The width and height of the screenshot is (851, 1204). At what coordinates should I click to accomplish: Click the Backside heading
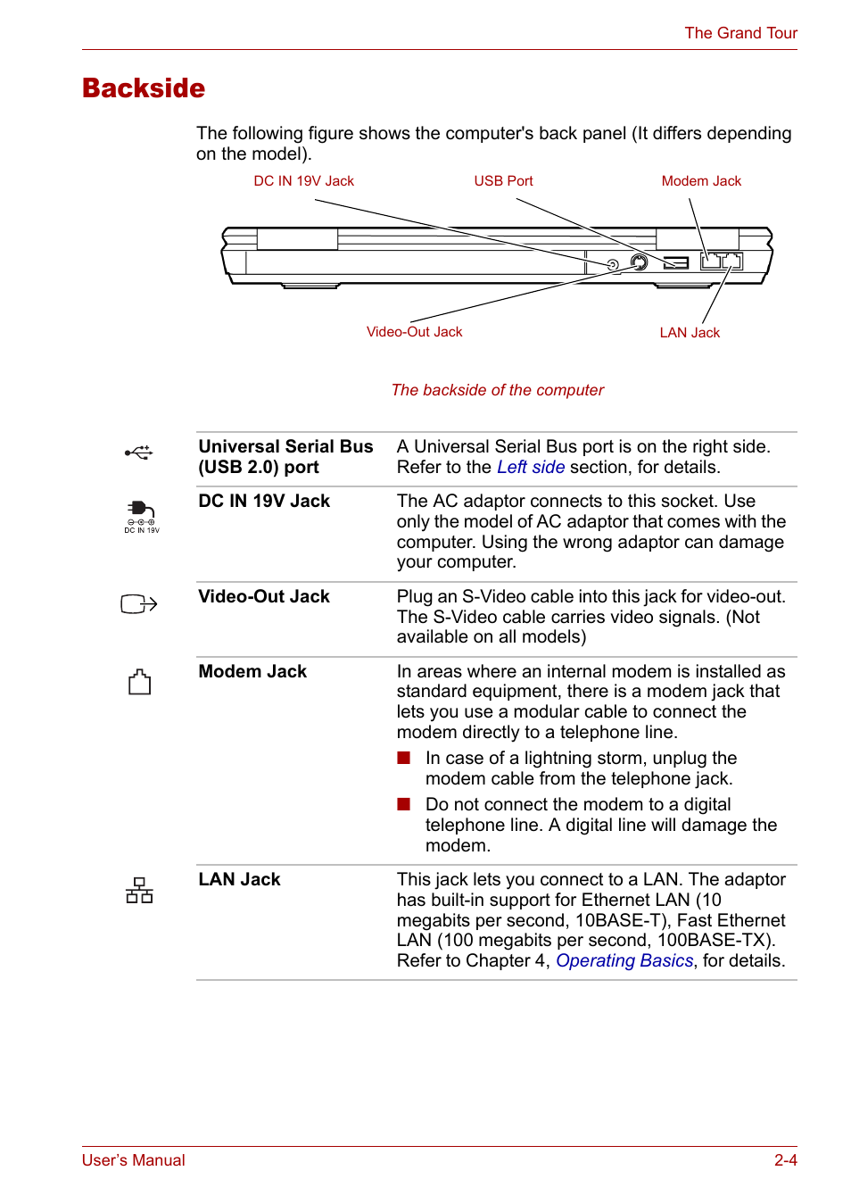(144, 88)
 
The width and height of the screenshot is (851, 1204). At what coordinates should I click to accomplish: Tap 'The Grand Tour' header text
(740, 33)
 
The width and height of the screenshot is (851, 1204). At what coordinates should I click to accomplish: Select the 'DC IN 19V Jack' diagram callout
(303, 181)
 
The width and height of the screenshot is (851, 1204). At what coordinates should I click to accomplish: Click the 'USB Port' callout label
(503, 181)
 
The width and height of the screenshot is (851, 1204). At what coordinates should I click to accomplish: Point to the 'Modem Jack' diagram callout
(701, 181)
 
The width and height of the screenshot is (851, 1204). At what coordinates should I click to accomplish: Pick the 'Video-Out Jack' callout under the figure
(414, 332)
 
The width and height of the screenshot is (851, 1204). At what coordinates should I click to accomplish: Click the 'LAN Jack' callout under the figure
(690, 333)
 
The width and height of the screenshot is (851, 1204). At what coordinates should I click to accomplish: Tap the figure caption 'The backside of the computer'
(497, 390)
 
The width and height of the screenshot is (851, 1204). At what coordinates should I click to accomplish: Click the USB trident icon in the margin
(139, 453)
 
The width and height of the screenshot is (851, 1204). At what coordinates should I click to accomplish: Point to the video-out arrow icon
(138, 604)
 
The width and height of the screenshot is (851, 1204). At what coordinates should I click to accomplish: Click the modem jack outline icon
(139, 683)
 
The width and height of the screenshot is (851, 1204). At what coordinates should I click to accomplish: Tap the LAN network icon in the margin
(139, 890)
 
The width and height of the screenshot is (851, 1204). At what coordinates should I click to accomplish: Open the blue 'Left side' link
(531, 468)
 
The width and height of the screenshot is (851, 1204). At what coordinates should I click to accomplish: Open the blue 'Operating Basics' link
(624, 961)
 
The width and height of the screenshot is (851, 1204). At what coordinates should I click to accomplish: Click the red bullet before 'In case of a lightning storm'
(404, 758)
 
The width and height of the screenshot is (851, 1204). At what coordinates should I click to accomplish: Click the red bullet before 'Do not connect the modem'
(404, 804)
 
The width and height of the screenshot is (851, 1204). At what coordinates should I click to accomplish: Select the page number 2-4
(785, 1160)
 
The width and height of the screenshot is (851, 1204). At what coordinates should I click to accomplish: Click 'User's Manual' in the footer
(134, 1160)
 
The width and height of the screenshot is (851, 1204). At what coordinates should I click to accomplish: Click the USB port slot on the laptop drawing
(676, 262)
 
